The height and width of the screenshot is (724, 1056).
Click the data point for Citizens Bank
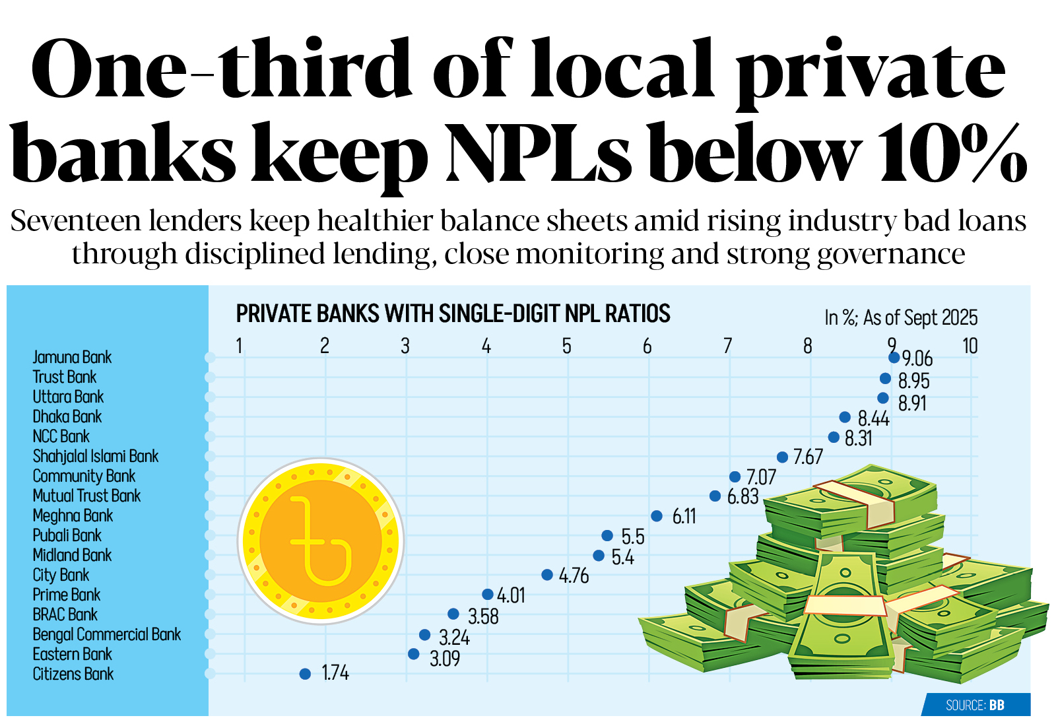[305, 674]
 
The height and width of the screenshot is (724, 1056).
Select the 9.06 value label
[917, 359]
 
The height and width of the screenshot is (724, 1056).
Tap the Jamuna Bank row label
[72, 357]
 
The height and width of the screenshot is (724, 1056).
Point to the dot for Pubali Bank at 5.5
[607, 535]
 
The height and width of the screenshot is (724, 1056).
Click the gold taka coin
[321, 541]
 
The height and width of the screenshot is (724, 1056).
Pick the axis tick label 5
[567, 346]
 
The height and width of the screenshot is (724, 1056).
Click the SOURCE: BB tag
[975, 705]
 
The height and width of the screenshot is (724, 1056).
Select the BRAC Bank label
[65, 614]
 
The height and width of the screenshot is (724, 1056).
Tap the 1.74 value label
[335, 673]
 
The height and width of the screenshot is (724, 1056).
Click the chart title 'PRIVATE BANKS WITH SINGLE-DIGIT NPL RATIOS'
[453, 313]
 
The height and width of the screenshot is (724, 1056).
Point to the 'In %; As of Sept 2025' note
[901, 317]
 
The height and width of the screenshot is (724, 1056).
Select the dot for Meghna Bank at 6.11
[657, 516]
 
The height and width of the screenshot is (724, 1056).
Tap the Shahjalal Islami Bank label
[96, 456]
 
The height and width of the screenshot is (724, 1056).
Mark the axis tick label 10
[970, 346]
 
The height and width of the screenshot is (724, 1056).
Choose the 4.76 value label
[574, 576]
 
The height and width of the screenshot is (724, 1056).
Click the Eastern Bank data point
[414, 654]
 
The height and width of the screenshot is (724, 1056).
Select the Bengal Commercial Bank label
[107, 634]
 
